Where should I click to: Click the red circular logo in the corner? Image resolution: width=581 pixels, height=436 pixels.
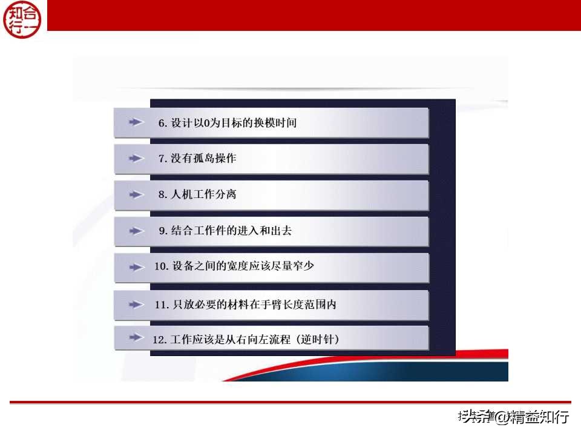pyautogui.click(x=24, y=18)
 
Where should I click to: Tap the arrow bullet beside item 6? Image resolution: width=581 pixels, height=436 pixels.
pyautogui.click(x=136, y=122)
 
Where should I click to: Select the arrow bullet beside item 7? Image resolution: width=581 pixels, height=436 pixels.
pyautogui.click(x=136, y=159)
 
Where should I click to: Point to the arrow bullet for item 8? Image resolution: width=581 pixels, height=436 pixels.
pyautogui.click(x=136, y=195)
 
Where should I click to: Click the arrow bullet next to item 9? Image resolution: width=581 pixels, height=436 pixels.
pyautogui.click(x=136, y=231)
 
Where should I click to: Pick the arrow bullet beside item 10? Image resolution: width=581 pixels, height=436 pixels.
pyautogui.click(x=136, y=266)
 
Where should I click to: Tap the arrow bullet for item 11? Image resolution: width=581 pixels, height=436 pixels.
pyautogui.click(x=136, y=305)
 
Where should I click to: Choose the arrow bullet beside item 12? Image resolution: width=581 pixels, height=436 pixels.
pyautogui.click(x=136, y=339)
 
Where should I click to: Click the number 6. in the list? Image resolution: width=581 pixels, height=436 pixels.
pyautogui.click(x=162, y=123)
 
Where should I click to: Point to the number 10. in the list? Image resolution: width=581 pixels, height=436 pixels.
pyautogui.click(x=161, y=266)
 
